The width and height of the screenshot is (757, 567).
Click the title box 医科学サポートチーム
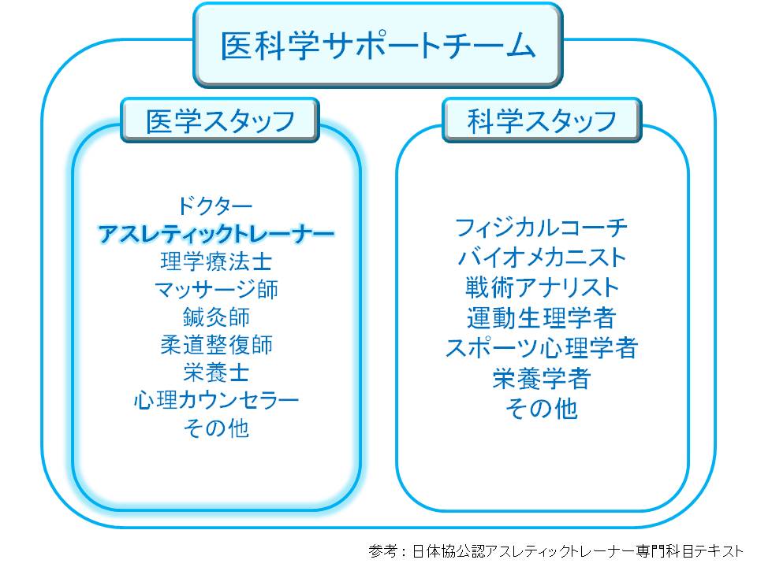378,46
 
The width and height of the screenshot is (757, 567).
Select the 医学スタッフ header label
220,120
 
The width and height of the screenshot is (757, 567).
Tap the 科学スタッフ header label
542,120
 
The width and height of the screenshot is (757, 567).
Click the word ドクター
215,206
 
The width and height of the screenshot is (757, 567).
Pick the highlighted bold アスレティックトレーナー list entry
215,234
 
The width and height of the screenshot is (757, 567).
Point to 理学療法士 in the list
215,261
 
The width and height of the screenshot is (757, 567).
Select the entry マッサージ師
215,289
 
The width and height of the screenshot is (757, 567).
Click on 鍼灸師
215,317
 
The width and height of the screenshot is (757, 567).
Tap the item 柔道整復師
215,344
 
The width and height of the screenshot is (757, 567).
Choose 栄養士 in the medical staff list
215,372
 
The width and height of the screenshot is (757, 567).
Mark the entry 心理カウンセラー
215,400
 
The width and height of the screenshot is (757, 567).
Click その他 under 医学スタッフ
215,428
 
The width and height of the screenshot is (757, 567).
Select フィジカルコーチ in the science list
542,228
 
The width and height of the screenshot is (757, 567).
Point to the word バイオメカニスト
542,258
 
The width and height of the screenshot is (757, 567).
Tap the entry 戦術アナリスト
542,287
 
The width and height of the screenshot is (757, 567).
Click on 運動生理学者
542,317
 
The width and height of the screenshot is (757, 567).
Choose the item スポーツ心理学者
542,347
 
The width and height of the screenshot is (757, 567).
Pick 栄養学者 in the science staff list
542,378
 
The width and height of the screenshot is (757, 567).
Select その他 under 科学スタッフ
542,408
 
